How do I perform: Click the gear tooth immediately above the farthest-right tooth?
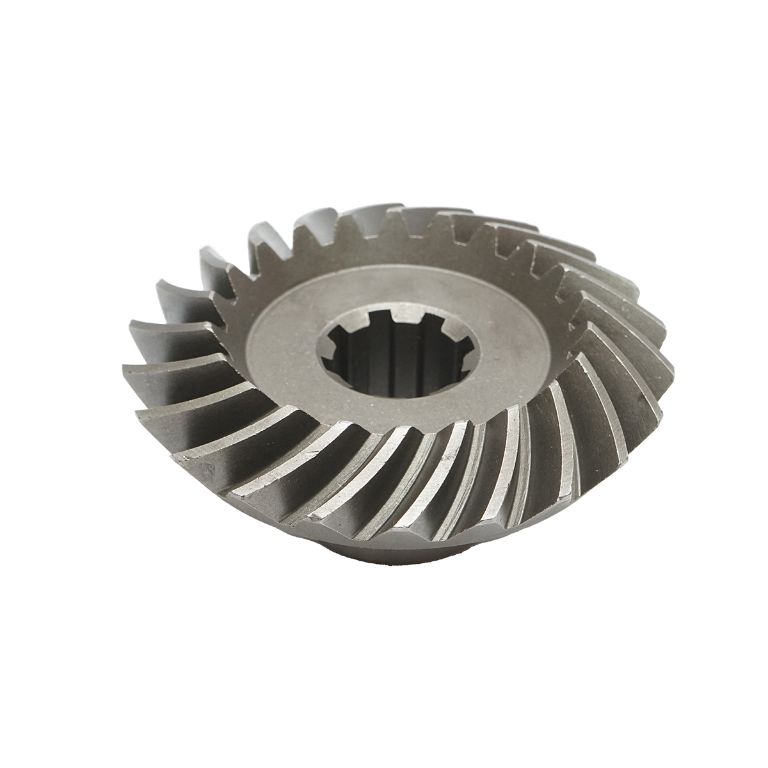pyautogui.click(x=656, y=333)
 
